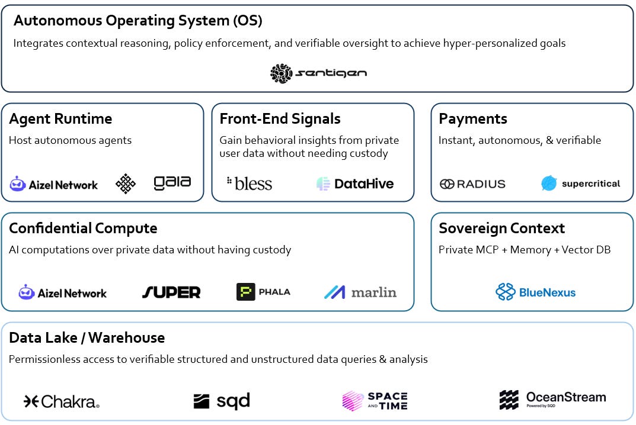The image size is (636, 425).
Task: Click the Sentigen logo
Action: (x=318, y=73)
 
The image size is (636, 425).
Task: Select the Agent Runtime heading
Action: (x=60, y=119)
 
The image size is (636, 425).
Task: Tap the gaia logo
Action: (x=172, y=183)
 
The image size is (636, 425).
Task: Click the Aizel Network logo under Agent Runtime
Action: (x=54, y=184)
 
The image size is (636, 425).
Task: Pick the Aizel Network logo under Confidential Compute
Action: (x=63, y=292)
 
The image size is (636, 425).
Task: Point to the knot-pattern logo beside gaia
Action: (x=126, y=183)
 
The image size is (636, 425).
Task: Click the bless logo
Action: (x=249, y=183)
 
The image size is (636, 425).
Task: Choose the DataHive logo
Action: (x=355, y=183)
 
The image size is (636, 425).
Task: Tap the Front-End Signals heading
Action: (x=280, y=119)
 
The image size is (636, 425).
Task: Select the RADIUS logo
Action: (x=472, y=183)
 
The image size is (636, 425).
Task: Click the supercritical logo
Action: (x=580, y=183)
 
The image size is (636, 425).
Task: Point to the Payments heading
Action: (x=472, y=119)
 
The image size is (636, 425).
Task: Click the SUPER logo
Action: (x=171, y=292)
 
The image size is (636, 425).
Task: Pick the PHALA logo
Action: (x=263, y=292)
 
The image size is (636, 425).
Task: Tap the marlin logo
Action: (x=360, y=292)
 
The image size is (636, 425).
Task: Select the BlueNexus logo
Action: (x=535, y=292)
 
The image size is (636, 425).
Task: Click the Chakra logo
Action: (x=62, y=402)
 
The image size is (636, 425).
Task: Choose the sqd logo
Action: (x=222, y=401)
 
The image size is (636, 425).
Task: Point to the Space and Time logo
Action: (x=375, y=401)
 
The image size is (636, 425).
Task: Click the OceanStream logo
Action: (x=552, y=400)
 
